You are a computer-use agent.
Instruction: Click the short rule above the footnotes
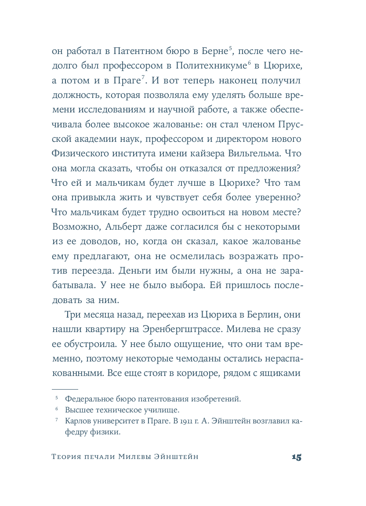coord(65,390)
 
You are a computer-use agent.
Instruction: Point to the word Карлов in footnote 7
coord(77,421)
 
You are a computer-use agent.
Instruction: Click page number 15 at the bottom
coord(296,457)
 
